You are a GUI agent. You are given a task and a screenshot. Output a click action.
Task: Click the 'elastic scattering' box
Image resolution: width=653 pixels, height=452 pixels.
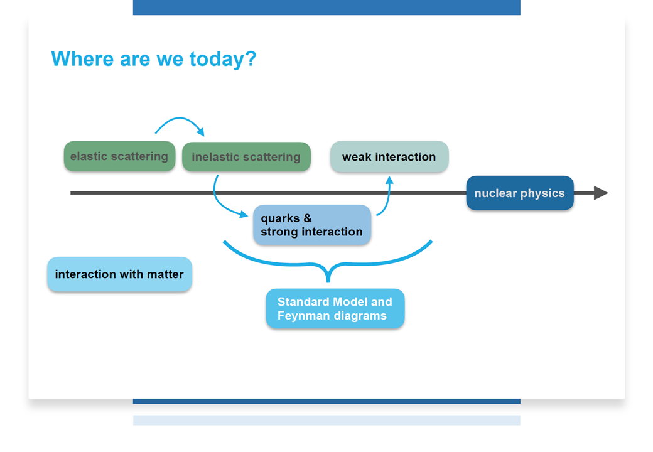click(119, 156)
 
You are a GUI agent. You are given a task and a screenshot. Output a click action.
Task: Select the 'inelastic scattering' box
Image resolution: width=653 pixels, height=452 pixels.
click(246, 156)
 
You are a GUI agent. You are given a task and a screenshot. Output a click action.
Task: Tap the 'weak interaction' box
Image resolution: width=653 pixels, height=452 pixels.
click(389, 156)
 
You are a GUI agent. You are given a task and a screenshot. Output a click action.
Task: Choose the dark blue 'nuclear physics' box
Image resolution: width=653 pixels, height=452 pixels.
click(520, 193)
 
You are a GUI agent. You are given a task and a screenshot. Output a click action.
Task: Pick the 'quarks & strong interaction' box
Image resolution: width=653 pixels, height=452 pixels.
click(312, 225)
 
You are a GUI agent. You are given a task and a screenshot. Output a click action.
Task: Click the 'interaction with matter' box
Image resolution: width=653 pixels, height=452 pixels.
click(119, 274)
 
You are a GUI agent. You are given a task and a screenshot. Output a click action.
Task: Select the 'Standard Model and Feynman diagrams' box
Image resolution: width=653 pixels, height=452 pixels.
click(335, 308)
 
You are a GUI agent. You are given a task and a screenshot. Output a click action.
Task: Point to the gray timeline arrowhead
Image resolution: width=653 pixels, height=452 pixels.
click(601, 193)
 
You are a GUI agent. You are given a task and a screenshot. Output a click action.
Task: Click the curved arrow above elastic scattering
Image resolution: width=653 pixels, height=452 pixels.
click(180, 119)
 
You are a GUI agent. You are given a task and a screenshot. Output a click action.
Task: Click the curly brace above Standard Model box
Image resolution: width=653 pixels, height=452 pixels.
click(328, 264)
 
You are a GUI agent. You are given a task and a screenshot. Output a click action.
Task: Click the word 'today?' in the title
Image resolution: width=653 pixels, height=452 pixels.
click(223, 58)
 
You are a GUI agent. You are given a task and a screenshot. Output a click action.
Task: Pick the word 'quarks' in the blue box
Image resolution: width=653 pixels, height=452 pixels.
click(280, 218)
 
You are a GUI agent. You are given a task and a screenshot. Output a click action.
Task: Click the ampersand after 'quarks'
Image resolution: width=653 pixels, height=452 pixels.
click(307, 218)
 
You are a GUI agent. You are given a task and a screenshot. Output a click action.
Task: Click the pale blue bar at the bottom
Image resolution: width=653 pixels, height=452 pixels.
click(326, 420)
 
